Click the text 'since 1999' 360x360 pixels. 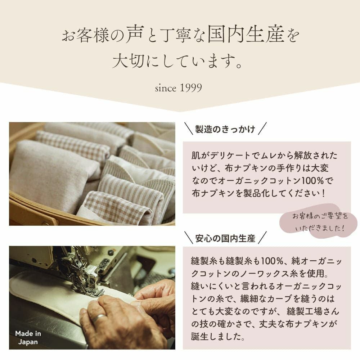178,88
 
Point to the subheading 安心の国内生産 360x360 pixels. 225,238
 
